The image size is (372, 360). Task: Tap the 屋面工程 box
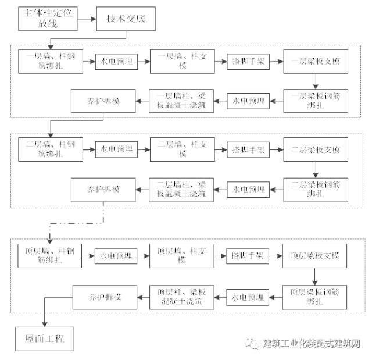[x=45, y=338]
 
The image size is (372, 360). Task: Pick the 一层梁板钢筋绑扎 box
[x=315, y=101]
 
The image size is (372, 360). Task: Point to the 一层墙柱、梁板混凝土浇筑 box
[x=181, y=101]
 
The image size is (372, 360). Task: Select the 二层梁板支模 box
[x=315, y=149]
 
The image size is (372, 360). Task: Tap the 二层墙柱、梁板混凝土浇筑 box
[x=181, y=188]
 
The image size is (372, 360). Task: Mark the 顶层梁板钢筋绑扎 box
[x=315, y=296]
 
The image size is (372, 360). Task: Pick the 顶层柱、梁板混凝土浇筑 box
[x=181, y=296]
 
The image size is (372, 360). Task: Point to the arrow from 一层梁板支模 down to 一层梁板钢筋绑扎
[x=315, y=80]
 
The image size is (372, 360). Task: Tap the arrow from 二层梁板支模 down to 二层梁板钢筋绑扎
[x=315, y=168]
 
